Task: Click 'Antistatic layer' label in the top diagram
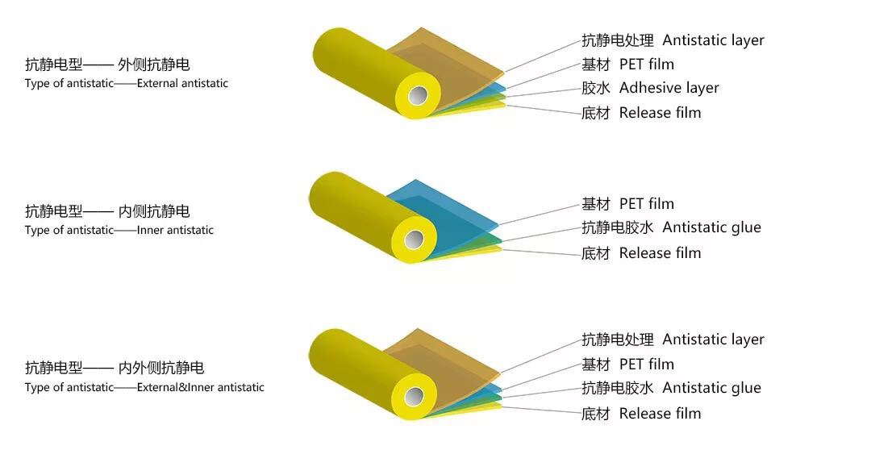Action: pos(713,40)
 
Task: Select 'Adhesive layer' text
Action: pos(669,88)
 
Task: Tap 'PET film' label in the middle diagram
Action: pos(646,204)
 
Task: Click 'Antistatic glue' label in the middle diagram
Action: pos(711,227)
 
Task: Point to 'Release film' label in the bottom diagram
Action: pos(660,414)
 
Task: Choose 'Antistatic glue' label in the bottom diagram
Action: pos(711,388)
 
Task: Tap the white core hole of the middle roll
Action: pos(415,240)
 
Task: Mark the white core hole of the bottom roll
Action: pos(415,397)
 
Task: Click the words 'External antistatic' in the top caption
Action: pos(182,83)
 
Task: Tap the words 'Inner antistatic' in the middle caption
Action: pos(175,230)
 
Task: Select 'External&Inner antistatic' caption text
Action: pos(200,387)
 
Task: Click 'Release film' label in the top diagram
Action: pos(660,113)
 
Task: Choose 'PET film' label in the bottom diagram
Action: pos(646,365)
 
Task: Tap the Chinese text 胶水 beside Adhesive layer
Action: pos(595,88)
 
